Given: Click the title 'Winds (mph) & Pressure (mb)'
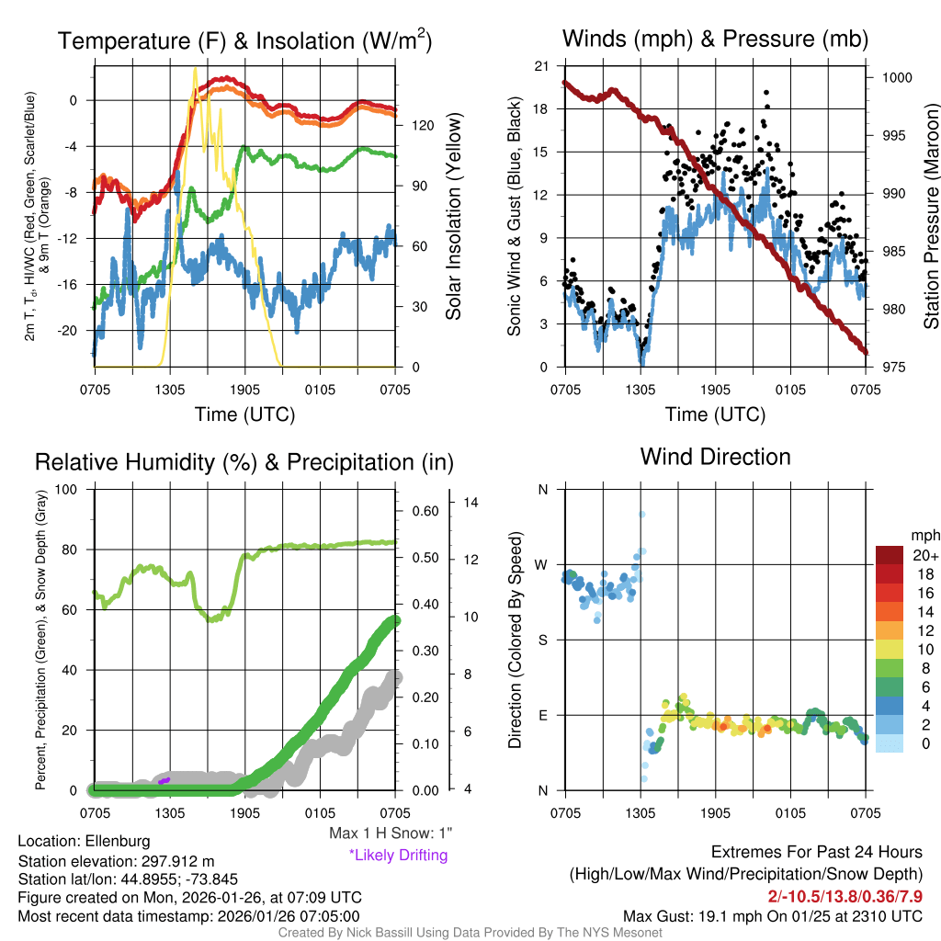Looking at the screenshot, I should coord(715,39).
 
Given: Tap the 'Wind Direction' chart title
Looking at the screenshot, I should coord(715,457).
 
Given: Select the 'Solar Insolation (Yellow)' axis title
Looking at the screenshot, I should coord(453,217).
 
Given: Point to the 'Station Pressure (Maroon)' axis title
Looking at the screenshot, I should coord(931,217).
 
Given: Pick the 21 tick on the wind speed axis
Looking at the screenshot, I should coord(541,65).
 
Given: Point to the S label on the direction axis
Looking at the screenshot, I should coord(542,640).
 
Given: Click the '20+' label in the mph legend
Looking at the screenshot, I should coord(925,555).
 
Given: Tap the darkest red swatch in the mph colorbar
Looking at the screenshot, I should coord(891,555).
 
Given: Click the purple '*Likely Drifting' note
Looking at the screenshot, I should coord(397,855).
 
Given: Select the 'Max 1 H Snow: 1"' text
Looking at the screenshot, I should coord(391,833).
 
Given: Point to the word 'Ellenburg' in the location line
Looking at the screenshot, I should coord(118,841).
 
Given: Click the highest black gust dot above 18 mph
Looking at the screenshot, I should coord(766,92).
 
